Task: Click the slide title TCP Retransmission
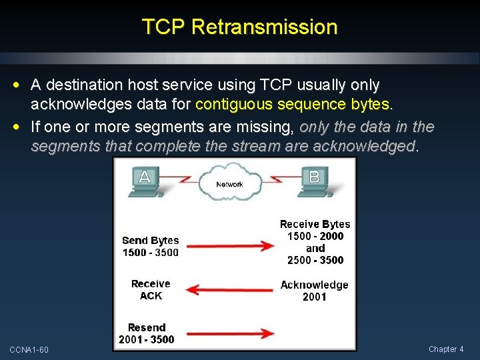tap(239, 27)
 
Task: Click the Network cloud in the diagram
tap(229, 183)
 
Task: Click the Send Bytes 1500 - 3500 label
tap(151, 246)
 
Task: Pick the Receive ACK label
tap(151, 289)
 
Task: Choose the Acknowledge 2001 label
tap(314, 291)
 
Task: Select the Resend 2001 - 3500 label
tap(147, 333)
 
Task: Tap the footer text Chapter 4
tap(446, 349)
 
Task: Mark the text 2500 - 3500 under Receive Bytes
tap(315, 260)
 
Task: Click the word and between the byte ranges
tap(315, 248)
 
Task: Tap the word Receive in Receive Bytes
tap(299, 224)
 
